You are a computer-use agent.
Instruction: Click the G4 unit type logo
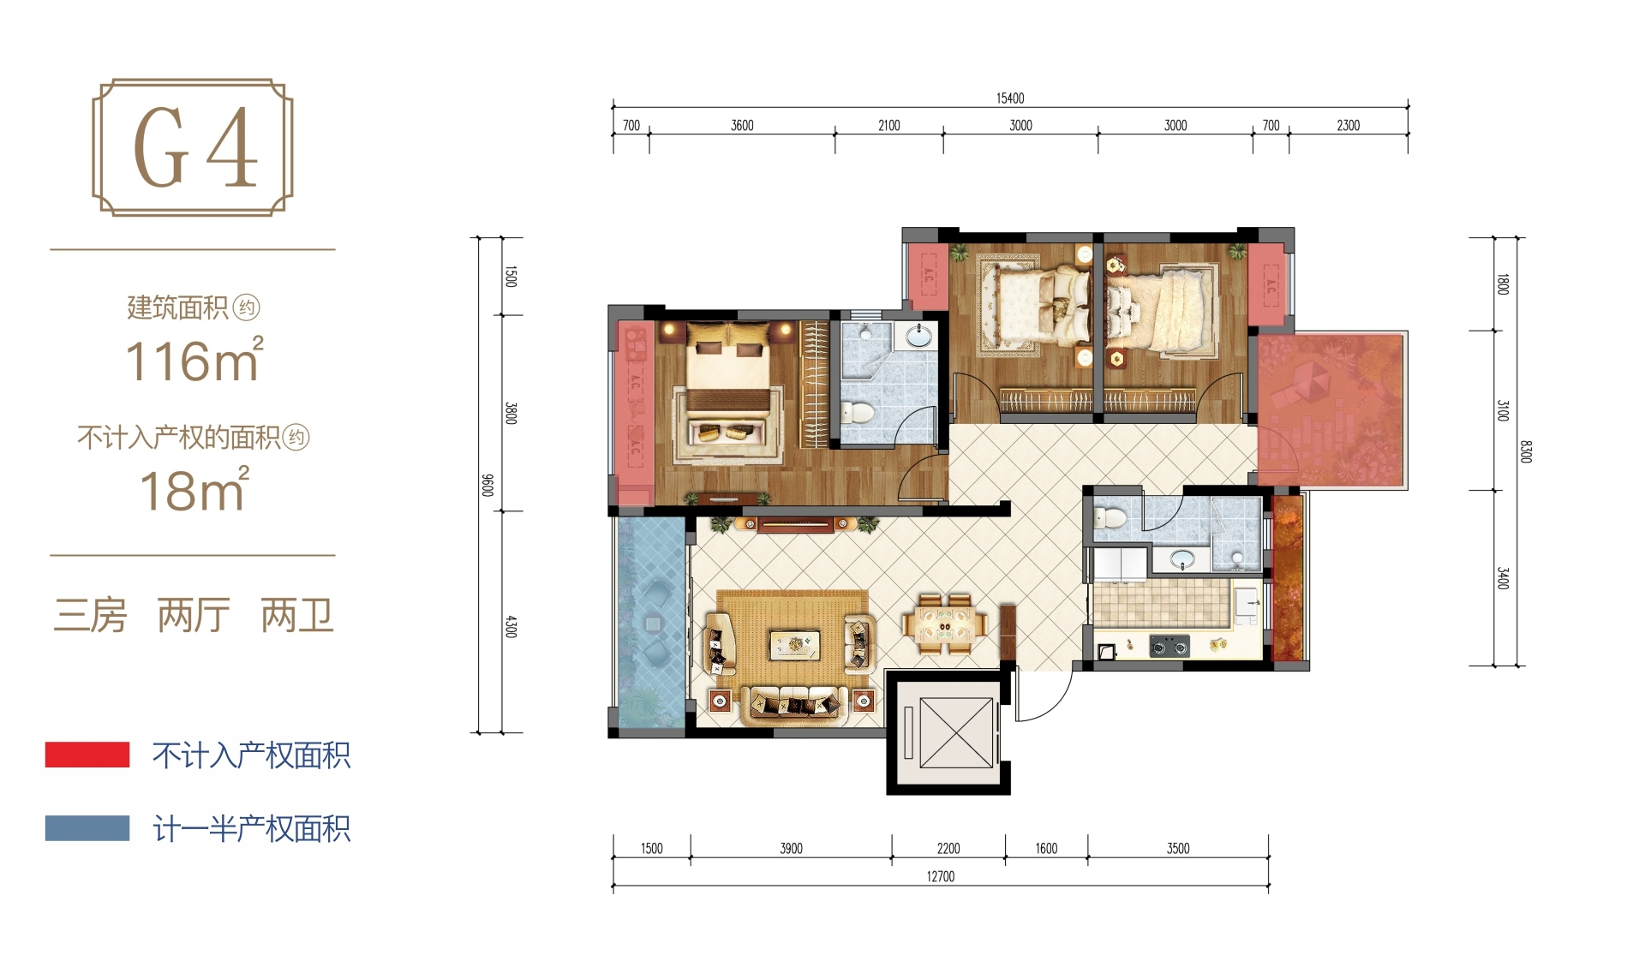193,147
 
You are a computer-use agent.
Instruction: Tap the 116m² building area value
194,360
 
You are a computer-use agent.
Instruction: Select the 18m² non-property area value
194,490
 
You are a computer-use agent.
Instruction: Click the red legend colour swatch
87,755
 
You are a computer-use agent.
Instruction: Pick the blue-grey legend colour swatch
87,828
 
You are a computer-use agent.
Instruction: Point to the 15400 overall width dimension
1010,98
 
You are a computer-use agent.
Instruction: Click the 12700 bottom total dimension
940,876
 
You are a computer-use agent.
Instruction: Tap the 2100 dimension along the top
889,126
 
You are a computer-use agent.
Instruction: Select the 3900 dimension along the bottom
791,849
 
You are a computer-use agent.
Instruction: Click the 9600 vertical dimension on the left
488,485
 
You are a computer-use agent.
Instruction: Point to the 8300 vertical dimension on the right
1525,451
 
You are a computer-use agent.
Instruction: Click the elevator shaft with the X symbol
948,733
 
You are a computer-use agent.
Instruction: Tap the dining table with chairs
945,624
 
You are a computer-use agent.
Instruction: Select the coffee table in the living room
794,644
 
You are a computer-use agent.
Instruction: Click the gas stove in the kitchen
1169,646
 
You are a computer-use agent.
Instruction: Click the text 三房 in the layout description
90,616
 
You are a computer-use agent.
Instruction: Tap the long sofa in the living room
793,704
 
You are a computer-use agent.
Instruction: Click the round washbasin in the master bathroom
918,337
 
